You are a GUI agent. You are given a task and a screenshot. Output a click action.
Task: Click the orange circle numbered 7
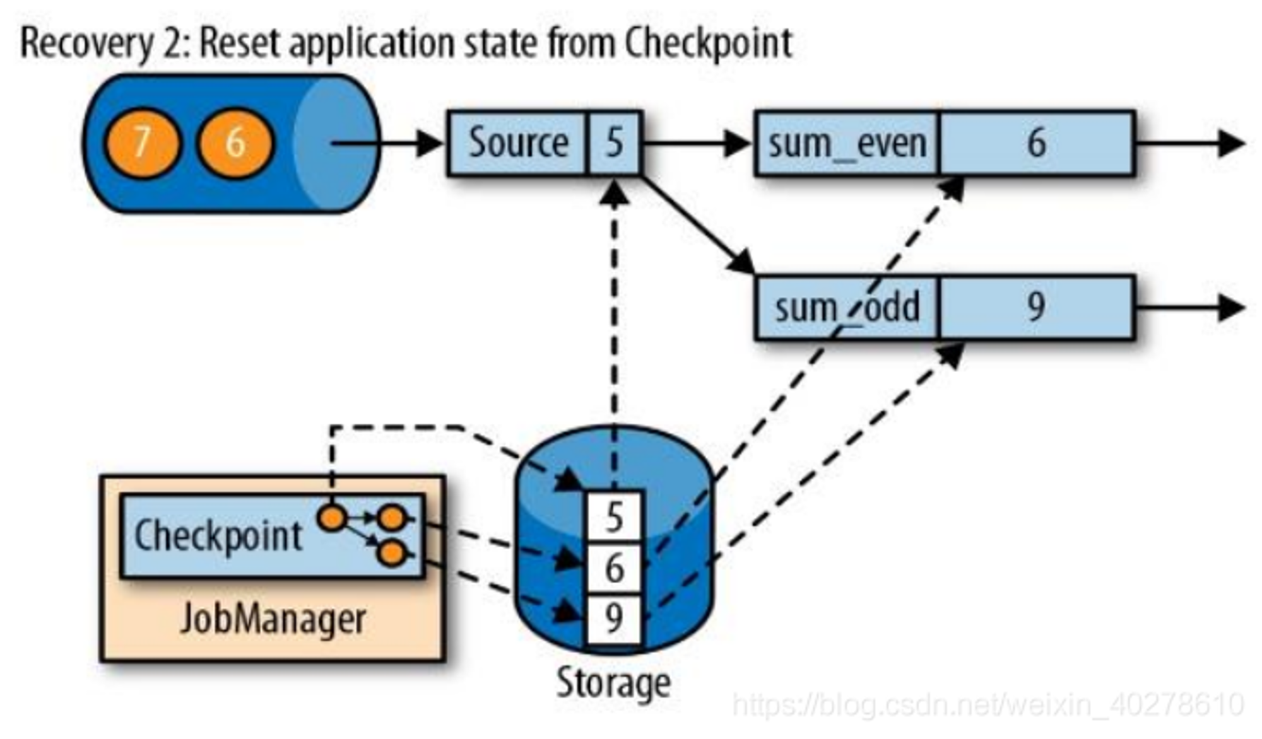tap(143, 143)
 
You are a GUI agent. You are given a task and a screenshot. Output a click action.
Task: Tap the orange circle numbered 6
tap(235, 143)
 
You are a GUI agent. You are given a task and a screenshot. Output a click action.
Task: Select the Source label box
tap(517, 143)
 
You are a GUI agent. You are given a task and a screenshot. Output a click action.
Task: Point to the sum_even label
tap(847, 144)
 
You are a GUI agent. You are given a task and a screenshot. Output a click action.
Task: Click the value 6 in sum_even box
tap(1036, 143)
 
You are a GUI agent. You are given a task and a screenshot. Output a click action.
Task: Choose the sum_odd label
tap(847, 308)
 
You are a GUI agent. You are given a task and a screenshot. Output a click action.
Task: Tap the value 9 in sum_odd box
tap(1036, 307)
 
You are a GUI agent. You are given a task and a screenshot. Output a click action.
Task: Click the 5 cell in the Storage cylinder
tap(614, 518)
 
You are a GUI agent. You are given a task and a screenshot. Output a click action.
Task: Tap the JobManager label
tap(273, 619)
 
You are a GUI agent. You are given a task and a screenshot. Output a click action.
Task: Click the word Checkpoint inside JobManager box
tap(218, 537)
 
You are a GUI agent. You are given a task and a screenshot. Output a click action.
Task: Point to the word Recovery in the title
tap(87, 43)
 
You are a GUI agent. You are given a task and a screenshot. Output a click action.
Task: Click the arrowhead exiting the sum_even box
tap(1231, 143)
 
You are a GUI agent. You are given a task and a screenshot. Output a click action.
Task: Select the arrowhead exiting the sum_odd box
tap(1231, 308)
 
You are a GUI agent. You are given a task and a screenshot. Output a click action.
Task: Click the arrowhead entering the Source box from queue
tap(430, 143)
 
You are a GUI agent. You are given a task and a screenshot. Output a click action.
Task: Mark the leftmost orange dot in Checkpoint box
tap(332, 518)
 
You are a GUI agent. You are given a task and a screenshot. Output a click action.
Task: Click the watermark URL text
tap(988, 705)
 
